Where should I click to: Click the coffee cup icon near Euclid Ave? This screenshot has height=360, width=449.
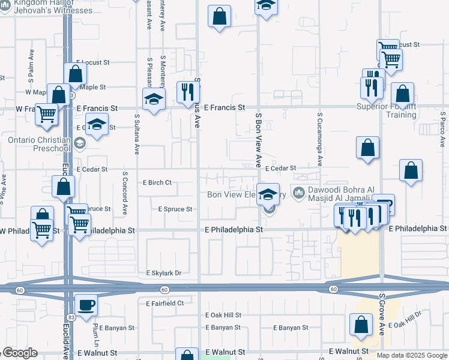[x=85, y=304]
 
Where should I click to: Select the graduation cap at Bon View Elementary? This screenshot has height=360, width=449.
[x=268, y=193]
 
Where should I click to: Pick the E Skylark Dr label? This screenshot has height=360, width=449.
[x=163, y=273]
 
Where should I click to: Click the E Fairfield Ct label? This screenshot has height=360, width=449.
[x=164, y=304]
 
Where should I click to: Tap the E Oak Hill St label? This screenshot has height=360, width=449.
[x=223, y=315]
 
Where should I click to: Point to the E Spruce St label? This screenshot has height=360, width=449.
[x=175, y=209]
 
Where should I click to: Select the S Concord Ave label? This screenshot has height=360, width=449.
[x=124, y=194]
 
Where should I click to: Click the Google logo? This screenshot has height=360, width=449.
[x=20, y=353]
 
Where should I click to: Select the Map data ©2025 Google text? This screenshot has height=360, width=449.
[x=411, y=355]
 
